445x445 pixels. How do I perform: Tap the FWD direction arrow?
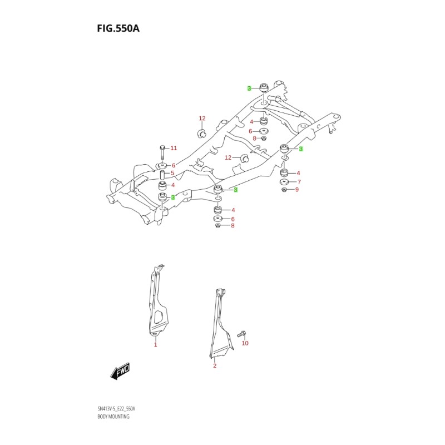(120, 372)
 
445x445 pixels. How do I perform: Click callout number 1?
(156, 345)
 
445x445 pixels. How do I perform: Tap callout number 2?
(215, 365)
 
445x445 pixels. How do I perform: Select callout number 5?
(173, 173)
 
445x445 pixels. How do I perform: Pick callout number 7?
(299, 182)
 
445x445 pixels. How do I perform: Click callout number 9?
(297, 190)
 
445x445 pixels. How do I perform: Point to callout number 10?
(245, 343)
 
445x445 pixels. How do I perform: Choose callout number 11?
(173, 148)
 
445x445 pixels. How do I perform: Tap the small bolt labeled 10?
(241, 334)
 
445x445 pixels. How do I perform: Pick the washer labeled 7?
(284, 182)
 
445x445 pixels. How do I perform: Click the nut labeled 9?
(284, 190)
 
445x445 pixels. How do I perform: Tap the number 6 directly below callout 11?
(174, 166)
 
